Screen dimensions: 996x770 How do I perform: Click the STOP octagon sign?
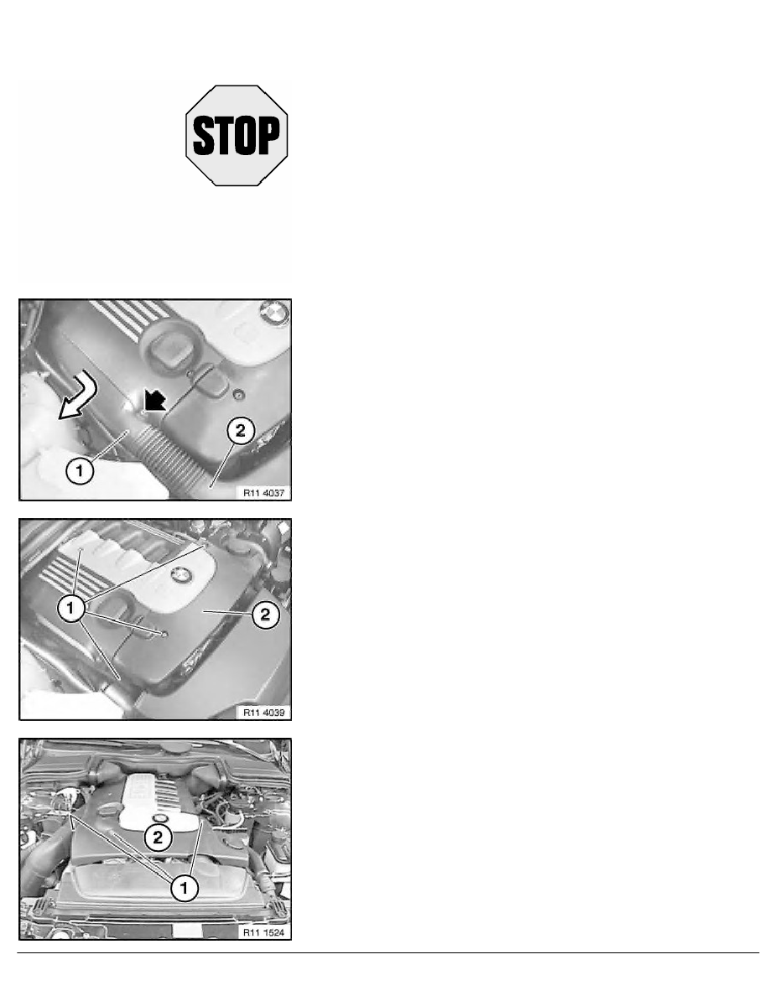237,134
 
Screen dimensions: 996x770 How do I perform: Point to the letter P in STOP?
268,134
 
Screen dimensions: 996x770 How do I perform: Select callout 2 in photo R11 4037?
238,433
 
